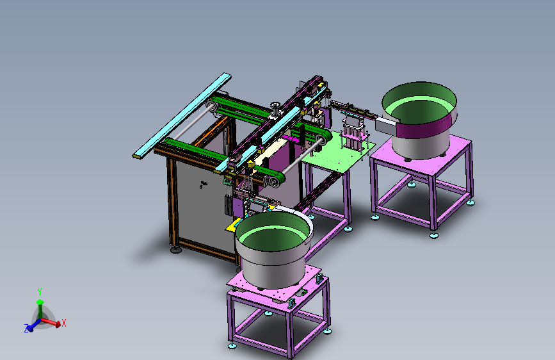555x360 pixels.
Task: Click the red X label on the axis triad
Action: pos(64,323)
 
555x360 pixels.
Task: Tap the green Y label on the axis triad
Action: pos(40,292)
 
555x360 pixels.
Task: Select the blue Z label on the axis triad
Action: pos(26,329)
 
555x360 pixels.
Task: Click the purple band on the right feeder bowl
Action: pos(425,126)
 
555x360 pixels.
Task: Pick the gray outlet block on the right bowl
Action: pos(386,126)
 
